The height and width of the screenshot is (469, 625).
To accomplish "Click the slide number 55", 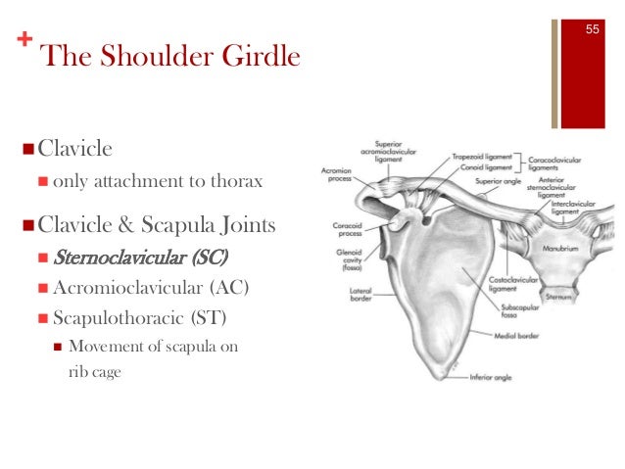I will [x=593, y=29].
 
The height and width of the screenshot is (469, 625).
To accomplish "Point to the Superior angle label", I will [x=496, y=181].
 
